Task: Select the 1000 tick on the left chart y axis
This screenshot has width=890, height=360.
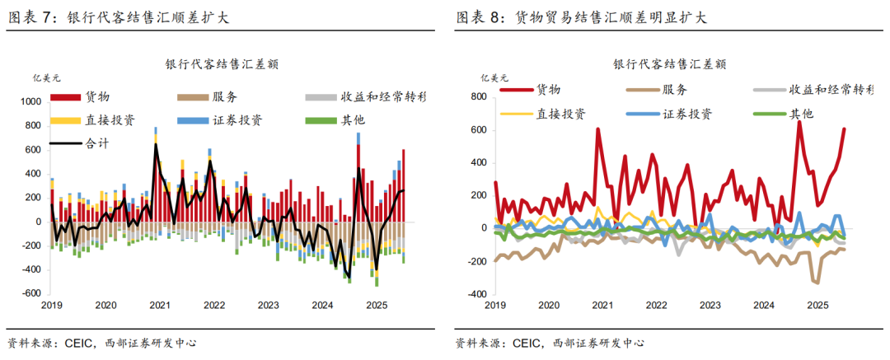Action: point(30,101)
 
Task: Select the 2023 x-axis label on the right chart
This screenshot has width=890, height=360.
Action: point(710,305)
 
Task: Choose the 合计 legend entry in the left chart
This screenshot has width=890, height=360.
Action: point(96,143)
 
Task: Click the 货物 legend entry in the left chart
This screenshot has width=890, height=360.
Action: point(96,96)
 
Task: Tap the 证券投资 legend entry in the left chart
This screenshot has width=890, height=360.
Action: point(232,119)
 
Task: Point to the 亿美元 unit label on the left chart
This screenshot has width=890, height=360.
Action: point(45,79)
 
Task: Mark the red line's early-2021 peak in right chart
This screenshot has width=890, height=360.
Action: point(597,129)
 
